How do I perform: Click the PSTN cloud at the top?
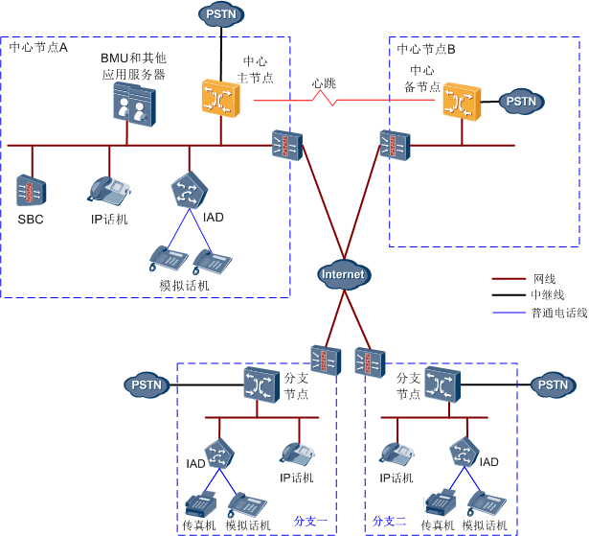coord(222,13)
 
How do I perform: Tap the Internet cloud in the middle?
coord(343,273)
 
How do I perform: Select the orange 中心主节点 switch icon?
coord(219,98)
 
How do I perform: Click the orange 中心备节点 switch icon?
coord(461,100)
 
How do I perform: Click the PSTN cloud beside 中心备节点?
coord(521,100)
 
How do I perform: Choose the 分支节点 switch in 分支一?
coord(260,385)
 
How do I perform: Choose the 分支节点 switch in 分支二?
coord(442,385)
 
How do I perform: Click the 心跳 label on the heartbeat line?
coord(324,83)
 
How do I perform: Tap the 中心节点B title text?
coord(426,48)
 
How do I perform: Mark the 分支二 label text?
coord(390,521)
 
